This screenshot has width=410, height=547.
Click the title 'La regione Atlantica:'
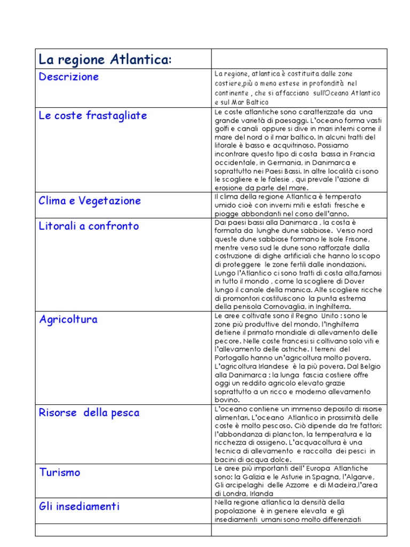point(105,60)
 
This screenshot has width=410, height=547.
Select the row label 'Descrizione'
point(69,77)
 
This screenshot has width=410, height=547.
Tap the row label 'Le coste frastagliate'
point(93,116)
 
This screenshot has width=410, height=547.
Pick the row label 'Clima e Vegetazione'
point(90,201)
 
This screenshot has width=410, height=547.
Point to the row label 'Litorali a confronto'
point(89,226)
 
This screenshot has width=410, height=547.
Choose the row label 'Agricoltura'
point(68,319)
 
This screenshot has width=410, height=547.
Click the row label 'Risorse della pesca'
point(89,413)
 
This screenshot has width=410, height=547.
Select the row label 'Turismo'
point(59,472)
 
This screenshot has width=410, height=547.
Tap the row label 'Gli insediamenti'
point(79,506)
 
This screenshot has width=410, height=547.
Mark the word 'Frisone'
point(354,239)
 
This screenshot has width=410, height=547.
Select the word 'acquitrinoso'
point(285,145)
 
